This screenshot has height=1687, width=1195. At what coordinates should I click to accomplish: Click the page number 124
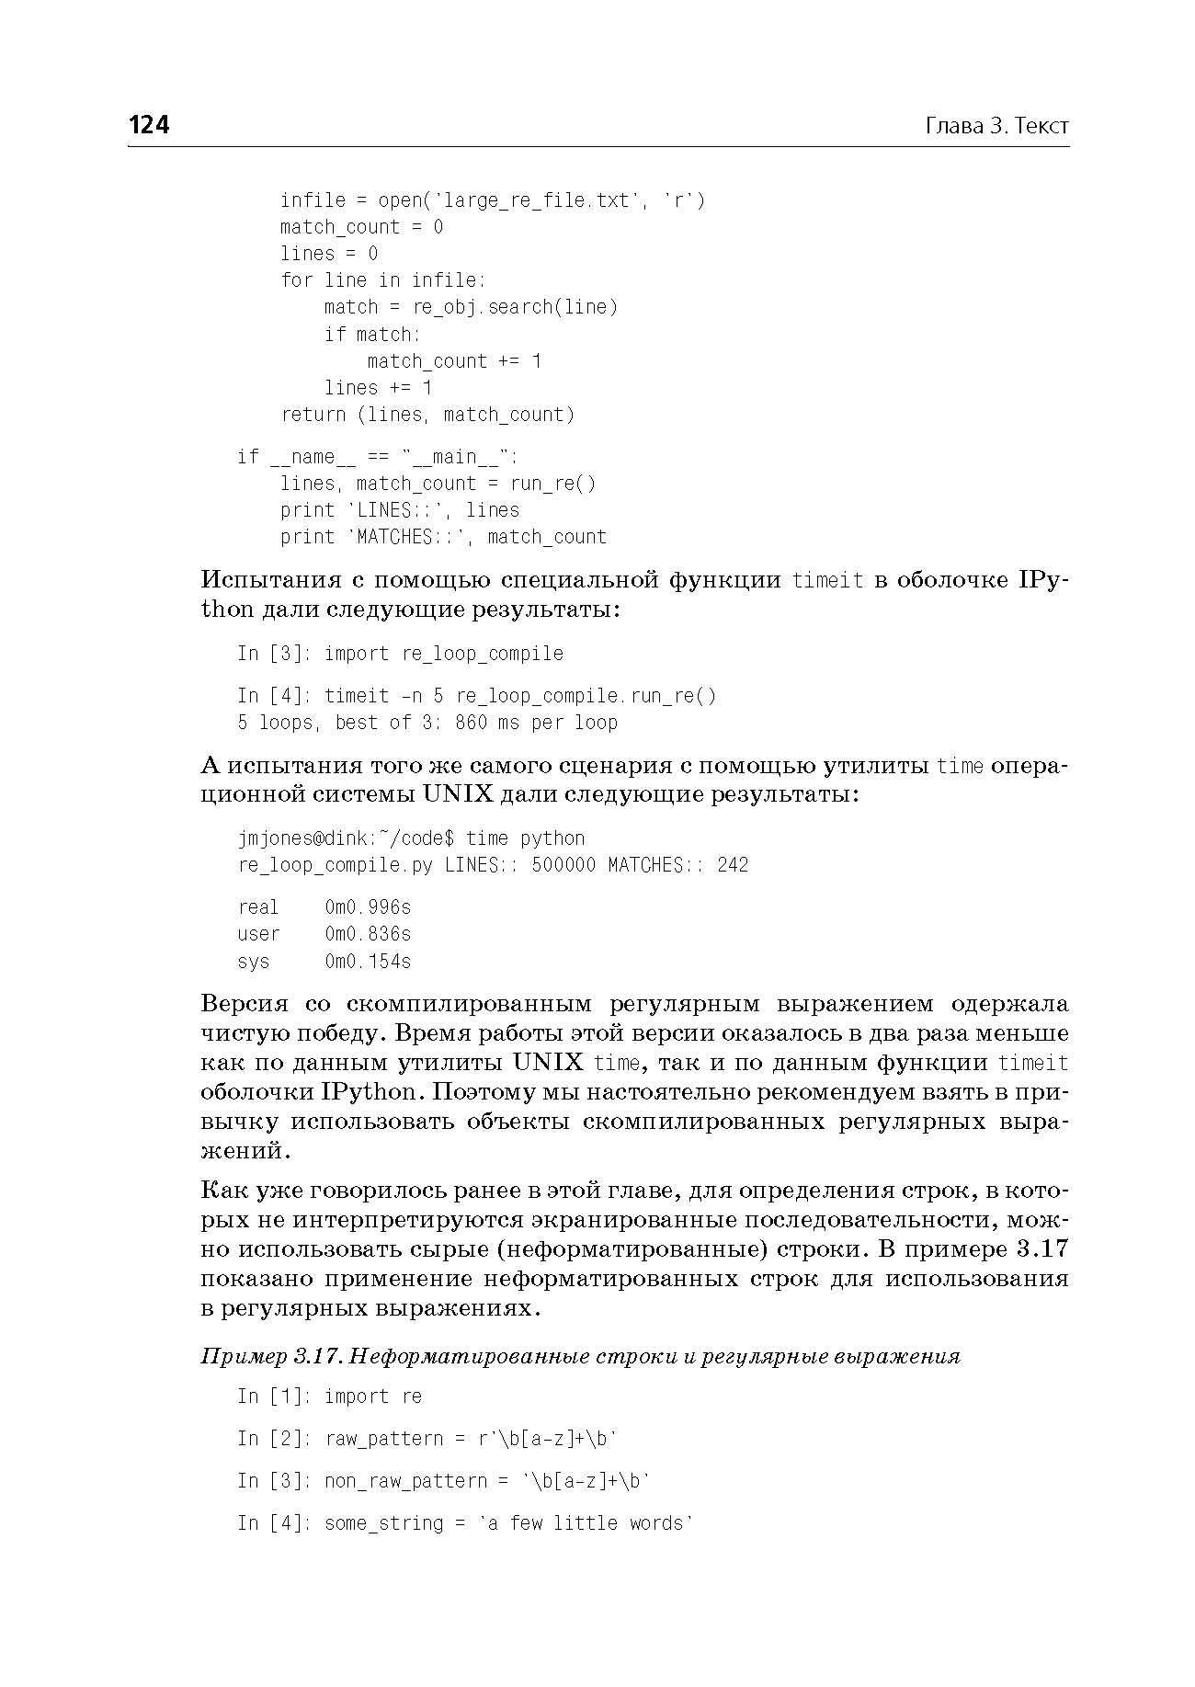click(149, 125)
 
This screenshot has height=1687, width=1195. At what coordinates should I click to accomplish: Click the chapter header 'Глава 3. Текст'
click(996, 126)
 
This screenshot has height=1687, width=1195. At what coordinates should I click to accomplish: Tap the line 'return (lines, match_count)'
click(427, 415)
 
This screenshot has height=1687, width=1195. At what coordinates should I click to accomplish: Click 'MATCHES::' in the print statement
click(405, 537)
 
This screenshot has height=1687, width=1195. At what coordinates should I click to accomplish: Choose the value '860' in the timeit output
click(471, 723)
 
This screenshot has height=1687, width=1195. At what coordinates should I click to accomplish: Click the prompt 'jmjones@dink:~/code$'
click(346, 838)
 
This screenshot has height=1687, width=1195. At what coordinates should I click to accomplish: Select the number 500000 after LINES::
click(563, 865)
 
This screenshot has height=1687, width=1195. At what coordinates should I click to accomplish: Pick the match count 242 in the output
click(733, 865)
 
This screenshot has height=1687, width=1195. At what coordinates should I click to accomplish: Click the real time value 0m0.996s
click(368, 907)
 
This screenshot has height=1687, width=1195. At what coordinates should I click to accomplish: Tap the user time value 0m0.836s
click(368, 934)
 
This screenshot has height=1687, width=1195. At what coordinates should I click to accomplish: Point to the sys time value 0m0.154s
click(368, 962)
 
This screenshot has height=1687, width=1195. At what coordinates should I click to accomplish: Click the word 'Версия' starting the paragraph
click(245, 1003)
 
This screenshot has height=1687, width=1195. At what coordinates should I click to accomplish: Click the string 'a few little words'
click(586, 1523)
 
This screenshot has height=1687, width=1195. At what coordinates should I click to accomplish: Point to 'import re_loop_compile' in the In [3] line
click(443, 654)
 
